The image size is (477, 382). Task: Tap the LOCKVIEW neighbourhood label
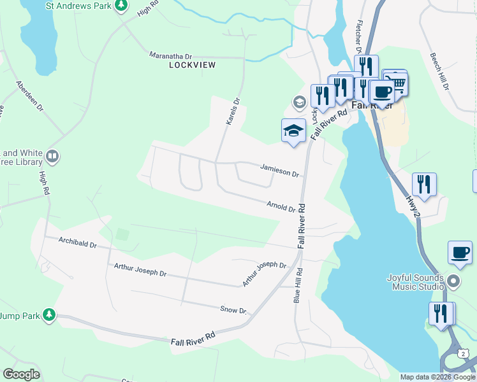point(193,65)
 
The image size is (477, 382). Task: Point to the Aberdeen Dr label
point(30,96)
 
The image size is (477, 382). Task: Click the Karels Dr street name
point(231,110)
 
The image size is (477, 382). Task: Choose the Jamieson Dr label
point(279,169)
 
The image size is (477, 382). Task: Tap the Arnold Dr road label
point(281,206)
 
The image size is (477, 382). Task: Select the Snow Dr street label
point(233,309)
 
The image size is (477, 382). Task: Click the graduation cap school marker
point(293,131)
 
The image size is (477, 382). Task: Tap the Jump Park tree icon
point(48,315)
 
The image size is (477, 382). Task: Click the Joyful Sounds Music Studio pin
point(453,281)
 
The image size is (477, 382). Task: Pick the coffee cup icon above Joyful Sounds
point(460,252)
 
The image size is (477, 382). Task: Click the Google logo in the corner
point(21,374)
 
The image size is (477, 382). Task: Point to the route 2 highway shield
point(464,352)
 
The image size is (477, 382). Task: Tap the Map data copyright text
point(437,377)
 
